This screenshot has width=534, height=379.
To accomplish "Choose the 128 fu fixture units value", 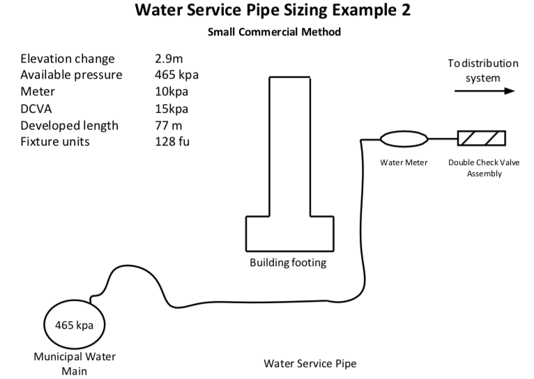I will pyautogui.click(x=173, y=142).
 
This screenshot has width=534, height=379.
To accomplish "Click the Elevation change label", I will pyautogui.click(x=67, y=59).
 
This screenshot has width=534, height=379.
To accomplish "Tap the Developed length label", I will pyautogui.click(x=69, y=125).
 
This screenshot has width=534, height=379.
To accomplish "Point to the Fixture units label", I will pyautogui.click(x=56, y=142).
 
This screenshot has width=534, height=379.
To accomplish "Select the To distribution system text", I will pyautogui.click(x=483, y=70).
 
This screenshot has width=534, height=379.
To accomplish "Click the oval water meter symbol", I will pyautogui.click(x=404, y=139).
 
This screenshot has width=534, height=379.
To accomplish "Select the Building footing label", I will pyautogui.click(x=288, y=263).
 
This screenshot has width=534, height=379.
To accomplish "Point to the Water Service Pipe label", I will pyautogui.click(x=310, y=363).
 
